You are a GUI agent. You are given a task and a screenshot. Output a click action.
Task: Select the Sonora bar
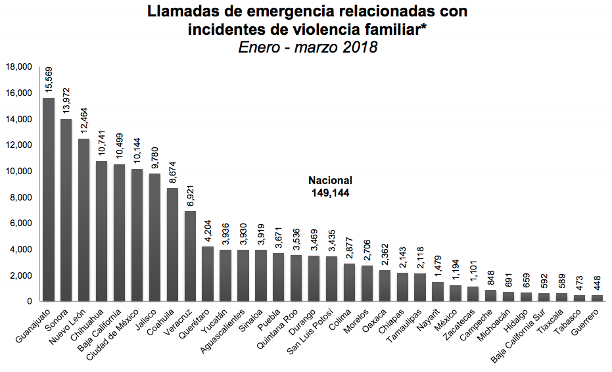(66, 210)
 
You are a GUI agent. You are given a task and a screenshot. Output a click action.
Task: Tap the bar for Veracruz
(190, 256)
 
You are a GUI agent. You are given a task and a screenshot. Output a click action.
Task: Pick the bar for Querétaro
(208, 273)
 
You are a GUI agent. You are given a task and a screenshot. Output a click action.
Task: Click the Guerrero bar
(597, 298)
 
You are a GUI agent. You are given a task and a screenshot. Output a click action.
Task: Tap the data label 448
(597, 283)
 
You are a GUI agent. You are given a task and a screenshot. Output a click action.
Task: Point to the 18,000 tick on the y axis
(19, 67)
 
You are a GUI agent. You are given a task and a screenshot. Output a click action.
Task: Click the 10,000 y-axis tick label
(19, 171)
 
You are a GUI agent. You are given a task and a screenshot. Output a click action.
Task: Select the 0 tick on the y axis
(30, 301)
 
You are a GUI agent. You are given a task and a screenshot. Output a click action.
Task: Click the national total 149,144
(331, 193)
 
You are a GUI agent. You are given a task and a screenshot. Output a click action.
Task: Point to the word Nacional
(331, 181)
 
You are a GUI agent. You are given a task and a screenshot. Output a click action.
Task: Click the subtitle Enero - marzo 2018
(308, 48)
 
